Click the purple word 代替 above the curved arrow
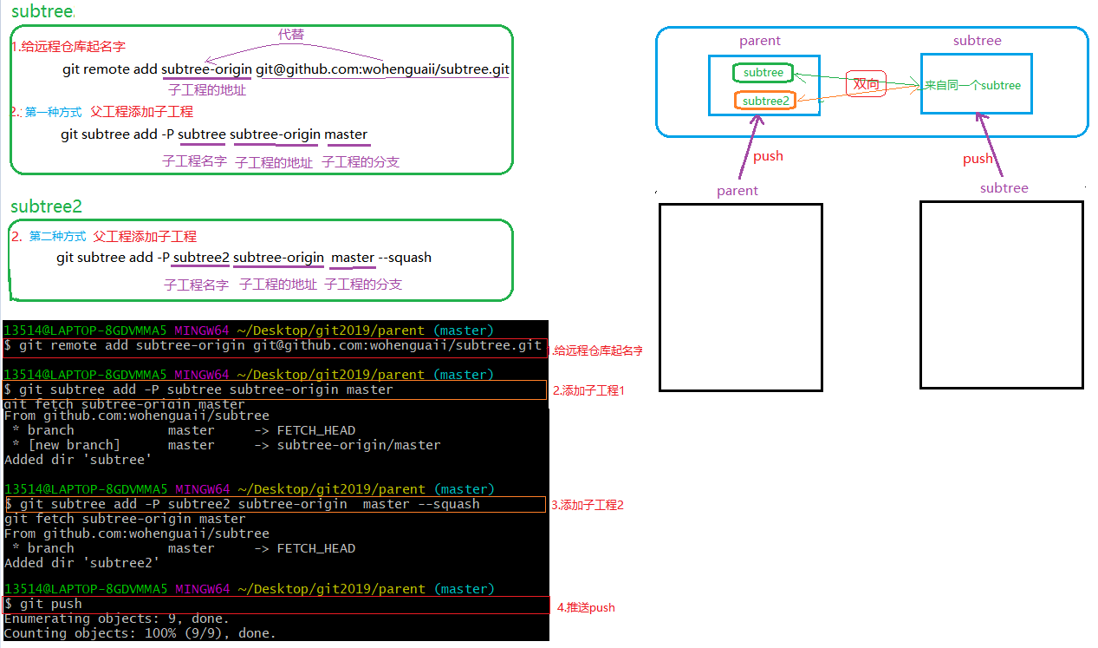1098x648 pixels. pos(291,34)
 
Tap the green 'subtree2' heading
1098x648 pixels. pos(46,206)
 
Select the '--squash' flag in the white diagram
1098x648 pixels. pos(405,258)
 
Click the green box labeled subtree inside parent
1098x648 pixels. pos(763,73)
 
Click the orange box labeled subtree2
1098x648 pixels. pos(765,101)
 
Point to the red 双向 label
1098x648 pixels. pos(866,84)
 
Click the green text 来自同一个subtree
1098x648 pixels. pos(972,85)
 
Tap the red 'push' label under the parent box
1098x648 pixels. pos(768,156)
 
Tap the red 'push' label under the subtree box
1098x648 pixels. pos(978,159)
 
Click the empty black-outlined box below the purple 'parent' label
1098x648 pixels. pos(740,298)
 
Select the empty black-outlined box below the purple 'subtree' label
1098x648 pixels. pos(1001,295)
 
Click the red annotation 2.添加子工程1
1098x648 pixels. pos(588,390)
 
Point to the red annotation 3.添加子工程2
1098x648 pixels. pos(588,505)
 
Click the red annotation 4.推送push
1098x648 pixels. pos(585,607)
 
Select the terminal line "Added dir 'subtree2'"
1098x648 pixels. pos(82,562)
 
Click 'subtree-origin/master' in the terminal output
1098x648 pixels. pos(359,445)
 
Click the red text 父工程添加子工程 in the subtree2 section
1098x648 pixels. pos(145,236)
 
